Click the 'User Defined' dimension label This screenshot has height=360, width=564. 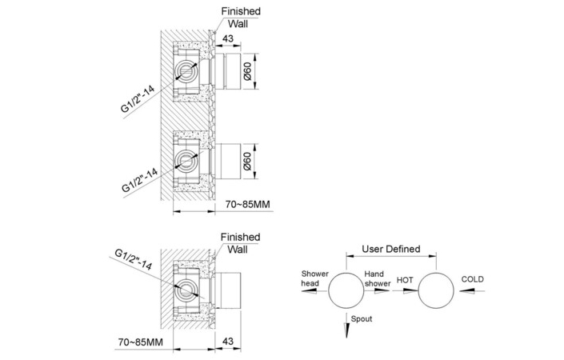[x=390, y=249]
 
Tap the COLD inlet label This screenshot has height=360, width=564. [x=472, y=279]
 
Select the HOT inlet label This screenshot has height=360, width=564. [x=405, y=280]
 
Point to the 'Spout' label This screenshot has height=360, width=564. [x=361, y=319]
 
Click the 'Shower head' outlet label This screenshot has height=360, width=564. [x=314, y=278]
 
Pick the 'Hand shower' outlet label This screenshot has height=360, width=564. [x=378, y=278]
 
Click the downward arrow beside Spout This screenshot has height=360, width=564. [x=346, y=325]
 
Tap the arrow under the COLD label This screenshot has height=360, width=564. [x=471, y=291]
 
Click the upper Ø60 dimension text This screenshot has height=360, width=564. [x=246, y=71]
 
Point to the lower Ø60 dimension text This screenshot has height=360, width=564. [x=246, y=161]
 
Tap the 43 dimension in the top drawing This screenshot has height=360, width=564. [x=228, y=38]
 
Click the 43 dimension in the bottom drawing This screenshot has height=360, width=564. [x=228, y=341]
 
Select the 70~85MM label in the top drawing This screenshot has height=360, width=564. [x=247, y=204]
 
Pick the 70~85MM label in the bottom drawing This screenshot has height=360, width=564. [x=140, y=342]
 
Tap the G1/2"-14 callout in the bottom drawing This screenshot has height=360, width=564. [x=133, y=260]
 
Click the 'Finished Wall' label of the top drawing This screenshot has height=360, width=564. [x=240, y=18]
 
